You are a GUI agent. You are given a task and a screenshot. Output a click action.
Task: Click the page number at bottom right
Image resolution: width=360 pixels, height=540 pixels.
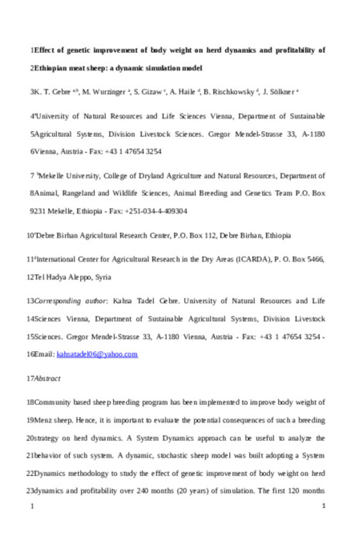[x=323, y=507]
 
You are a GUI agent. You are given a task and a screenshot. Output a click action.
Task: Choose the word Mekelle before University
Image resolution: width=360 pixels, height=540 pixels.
[x=55, y=176]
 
